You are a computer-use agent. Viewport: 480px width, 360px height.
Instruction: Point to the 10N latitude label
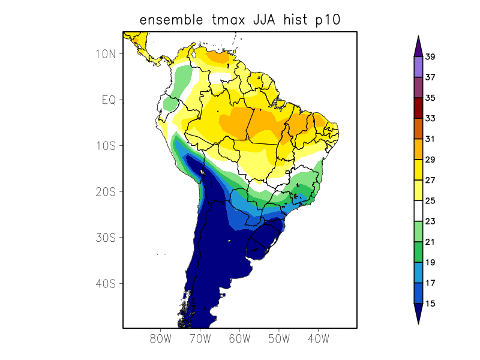point(105,54)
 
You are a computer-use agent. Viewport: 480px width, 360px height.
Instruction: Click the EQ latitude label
point(109,100)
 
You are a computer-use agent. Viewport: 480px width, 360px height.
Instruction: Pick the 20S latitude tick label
point(105,192)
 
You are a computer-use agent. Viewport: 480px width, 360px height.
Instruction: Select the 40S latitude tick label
point(105,284)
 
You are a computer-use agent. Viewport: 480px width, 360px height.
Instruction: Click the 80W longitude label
point(160,339)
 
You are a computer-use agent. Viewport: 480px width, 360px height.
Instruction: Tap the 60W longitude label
point(239,339)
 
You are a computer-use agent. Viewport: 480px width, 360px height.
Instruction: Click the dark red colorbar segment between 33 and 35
point(418,108)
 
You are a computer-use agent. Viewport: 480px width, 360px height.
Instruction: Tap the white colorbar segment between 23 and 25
point(418,211)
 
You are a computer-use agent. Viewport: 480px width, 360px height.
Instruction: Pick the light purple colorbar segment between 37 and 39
point(418,67)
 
